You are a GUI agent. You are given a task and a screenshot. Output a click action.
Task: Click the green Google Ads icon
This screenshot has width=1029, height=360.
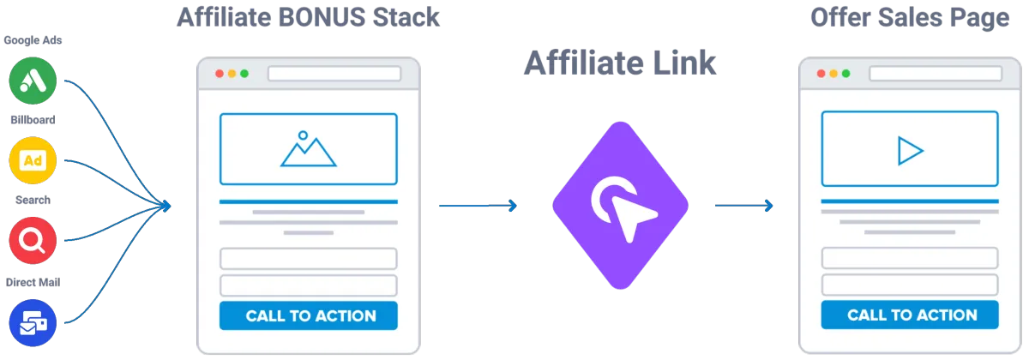point(32,81)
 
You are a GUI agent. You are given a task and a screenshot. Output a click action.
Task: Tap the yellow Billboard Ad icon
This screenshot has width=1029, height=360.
point(32,161)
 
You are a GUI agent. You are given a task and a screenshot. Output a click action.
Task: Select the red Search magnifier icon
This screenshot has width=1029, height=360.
point(32,241)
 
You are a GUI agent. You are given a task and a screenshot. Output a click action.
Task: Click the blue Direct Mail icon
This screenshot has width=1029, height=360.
point(32,321)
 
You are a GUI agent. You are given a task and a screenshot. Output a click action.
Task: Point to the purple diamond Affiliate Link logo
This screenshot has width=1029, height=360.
point(621,203)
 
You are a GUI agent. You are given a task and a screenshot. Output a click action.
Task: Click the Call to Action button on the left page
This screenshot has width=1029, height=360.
point(309,315)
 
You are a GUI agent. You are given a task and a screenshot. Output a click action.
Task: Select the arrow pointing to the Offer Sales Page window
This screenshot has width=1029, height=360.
point(743,205)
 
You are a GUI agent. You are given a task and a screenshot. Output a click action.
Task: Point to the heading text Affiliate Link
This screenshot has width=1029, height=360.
point(621,63)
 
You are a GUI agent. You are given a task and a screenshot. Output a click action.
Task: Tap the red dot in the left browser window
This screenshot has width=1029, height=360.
point(220,74)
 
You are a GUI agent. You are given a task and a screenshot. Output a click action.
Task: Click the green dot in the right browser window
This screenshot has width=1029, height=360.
point(846,74)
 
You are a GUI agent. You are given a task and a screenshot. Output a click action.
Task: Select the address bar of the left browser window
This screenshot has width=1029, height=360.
point(334,74)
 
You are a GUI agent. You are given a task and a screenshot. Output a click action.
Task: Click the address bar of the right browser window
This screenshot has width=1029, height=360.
point(936,74)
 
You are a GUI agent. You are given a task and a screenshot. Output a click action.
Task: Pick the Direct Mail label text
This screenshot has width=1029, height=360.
point(32,281)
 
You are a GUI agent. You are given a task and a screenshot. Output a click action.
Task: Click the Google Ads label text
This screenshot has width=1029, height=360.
point(32,41)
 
